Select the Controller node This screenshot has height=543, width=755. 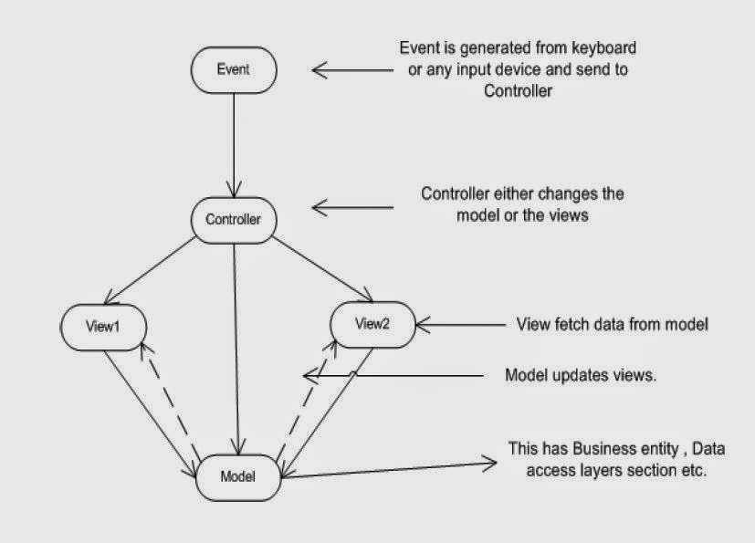(233, 219)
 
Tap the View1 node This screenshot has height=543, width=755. (103, 325)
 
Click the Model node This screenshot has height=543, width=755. (237, 475)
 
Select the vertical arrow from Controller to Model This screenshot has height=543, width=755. (236, 347)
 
